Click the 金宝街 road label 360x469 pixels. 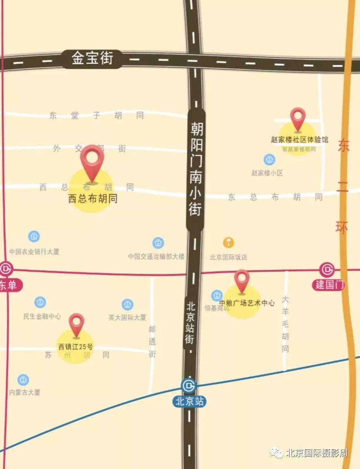92,59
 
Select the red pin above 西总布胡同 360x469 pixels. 92,163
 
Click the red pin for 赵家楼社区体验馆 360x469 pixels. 298,119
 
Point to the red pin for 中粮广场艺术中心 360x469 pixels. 242,281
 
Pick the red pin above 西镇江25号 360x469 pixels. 77,324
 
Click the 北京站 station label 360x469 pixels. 189,401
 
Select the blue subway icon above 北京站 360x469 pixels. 189,385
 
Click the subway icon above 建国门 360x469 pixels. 327,269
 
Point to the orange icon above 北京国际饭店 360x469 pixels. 228,243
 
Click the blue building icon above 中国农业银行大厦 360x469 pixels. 34,236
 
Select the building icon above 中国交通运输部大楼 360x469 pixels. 158,243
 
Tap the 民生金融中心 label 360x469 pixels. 42,317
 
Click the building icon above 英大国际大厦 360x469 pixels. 127,305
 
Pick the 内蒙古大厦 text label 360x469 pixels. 24,392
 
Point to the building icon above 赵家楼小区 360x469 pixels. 269,159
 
